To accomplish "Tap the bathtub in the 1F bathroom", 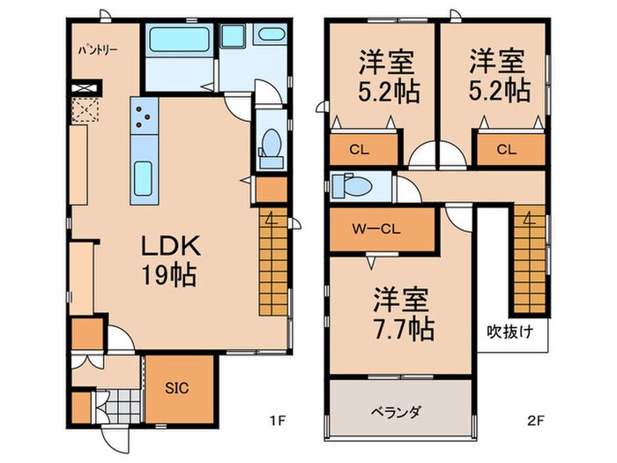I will coord(178,40).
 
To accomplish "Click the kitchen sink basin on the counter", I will coord(144,181).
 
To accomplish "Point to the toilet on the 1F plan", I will coord(271,146).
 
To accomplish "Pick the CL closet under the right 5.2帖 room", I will coord(506,149).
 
